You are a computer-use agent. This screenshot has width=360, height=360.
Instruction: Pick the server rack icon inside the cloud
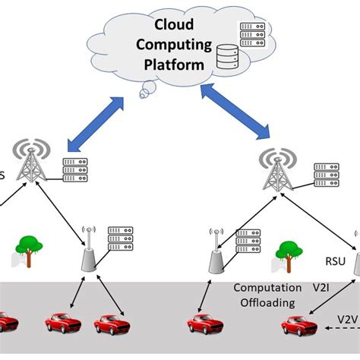[251, 35]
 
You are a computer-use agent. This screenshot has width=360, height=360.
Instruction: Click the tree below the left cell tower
[27, 250]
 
